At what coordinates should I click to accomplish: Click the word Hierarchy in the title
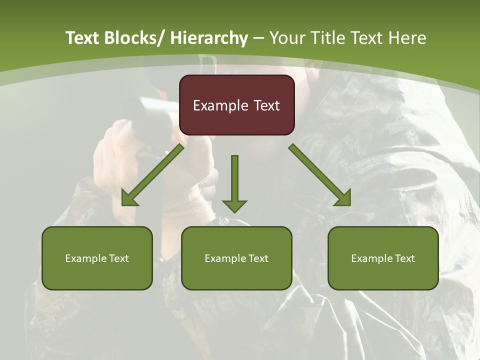coord(208,38)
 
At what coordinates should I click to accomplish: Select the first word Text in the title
coord(83,38)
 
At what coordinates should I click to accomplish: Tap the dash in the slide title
coord(258,38)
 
